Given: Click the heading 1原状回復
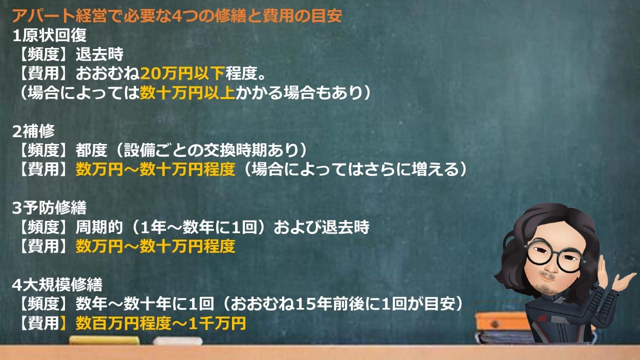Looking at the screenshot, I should [50, 35].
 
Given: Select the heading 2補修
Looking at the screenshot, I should [34, 131].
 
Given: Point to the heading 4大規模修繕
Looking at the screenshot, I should [57, 285].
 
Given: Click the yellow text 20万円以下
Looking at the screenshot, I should [182, 74].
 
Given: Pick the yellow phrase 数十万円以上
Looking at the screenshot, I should [187, 93].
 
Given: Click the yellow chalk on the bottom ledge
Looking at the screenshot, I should [104, 340].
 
